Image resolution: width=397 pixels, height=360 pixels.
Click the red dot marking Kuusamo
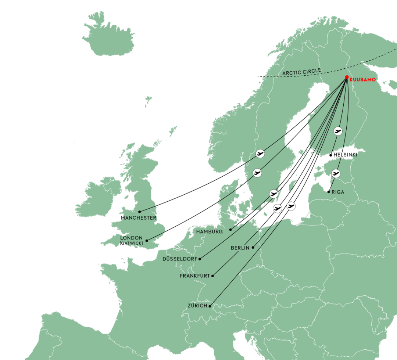click(347, 77)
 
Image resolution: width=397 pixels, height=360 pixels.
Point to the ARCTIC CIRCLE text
click(302, 72)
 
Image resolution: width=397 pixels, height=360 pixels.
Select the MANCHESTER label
click(139, 218)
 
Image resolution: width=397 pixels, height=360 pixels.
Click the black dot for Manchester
click(139, 212)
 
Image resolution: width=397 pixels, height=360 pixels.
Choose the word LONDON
click(132, 238)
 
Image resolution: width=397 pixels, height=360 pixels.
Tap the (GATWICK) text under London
click(132, 243)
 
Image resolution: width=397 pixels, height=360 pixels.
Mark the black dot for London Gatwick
click(147, 241)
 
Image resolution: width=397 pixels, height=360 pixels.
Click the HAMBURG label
click(209, 232)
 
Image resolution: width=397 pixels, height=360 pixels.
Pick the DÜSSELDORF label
click(180, 259)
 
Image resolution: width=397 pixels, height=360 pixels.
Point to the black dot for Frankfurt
click(212, 276)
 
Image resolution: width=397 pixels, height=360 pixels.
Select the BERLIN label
click(240, 248)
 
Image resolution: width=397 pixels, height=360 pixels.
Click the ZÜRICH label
click(197, 306)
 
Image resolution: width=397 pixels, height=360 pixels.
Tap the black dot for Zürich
click(210, 306)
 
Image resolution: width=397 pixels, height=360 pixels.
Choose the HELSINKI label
click(345, 155)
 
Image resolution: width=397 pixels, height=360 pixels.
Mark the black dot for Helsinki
click(331, 155)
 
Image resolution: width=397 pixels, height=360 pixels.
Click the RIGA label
click(338, 192)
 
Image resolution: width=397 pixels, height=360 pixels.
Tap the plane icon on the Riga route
click(336, 173)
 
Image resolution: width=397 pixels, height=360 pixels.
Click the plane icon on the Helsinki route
click(338, 131)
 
